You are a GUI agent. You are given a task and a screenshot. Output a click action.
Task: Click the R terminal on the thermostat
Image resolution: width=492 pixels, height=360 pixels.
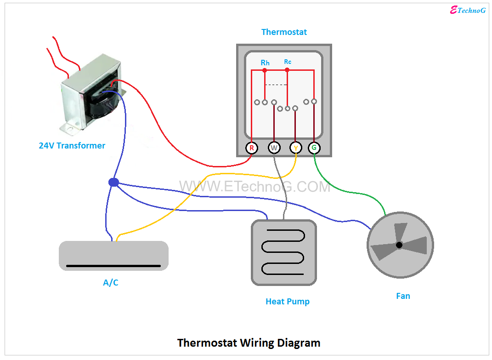(251, 148)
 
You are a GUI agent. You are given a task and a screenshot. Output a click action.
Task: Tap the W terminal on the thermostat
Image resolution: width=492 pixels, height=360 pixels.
(274, 148)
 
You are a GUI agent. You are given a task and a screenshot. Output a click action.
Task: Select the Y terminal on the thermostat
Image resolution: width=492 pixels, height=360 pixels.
(296, 148)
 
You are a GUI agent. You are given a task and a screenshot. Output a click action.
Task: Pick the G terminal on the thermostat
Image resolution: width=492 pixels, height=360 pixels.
(314, 148)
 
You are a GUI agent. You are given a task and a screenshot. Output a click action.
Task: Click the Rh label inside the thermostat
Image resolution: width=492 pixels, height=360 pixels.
(265, 63)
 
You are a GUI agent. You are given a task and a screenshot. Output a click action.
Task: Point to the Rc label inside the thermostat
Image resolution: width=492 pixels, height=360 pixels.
(288, 62)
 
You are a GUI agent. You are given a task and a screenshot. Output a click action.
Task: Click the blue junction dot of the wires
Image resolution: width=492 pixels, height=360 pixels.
(113, 183)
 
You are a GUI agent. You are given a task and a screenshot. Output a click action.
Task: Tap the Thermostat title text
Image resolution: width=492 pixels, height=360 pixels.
(284, 32)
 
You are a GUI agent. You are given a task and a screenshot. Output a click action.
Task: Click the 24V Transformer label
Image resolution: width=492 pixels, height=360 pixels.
(72, 146)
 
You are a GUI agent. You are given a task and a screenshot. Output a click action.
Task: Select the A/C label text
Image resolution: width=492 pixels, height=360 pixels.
(110, 283)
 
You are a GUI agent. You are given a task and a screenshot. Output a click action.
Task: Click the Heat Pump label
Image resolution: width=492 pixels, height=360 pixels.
(288, 302)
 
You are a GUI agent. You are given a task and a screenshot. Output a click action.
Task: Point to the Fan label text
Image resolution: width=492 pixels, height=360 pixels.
(403, 296)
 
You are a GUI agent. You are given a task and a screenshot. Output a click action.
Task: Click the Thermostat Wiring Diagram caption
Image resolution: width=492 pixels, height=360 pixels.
(249, 343)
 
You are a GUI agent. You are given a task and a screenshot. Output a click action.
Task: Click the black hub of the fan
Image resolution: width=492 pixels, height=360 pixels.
(399, 245)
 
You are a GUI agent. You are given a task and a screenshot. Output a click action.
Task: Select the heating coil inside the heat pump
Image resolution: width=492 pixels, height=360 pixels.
(283, 252)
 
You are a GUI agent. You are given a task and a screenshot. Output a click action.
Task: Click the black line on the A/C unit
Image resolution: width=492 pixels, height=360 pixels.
(113, 266)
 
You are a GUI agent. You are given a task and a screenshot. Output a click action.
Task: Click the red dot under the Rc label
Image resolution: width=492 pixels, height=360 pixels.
(287, 70)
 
